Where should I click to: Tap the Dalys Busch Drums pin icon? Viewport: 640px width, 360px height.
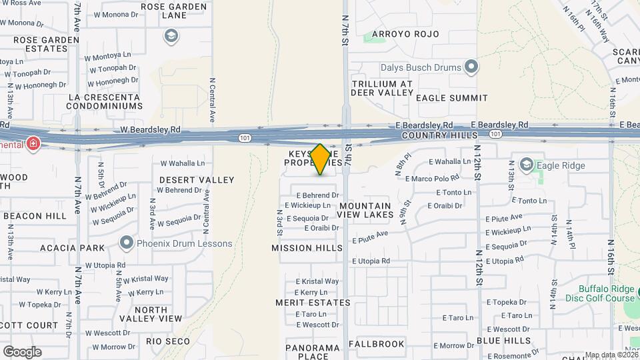coord(472,67)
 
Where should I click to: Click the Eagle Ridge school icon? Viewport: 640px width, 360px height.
coord(526,165)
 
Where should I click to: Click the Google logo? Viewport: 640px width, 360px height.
coord(22,352)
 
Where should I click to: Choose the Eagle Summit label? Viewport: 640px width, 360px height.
coord(452,98)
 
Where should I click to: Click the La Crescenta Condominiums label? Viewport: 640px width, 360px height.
coord(105,101)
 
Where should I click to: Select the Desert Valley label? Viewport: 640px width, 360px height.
coord(197,180)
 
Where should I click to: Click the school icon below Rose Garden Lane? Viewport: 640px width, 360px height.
coord(171,35)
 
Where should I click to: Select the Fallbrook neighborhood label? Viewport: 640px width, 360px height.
coord(376,344)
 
